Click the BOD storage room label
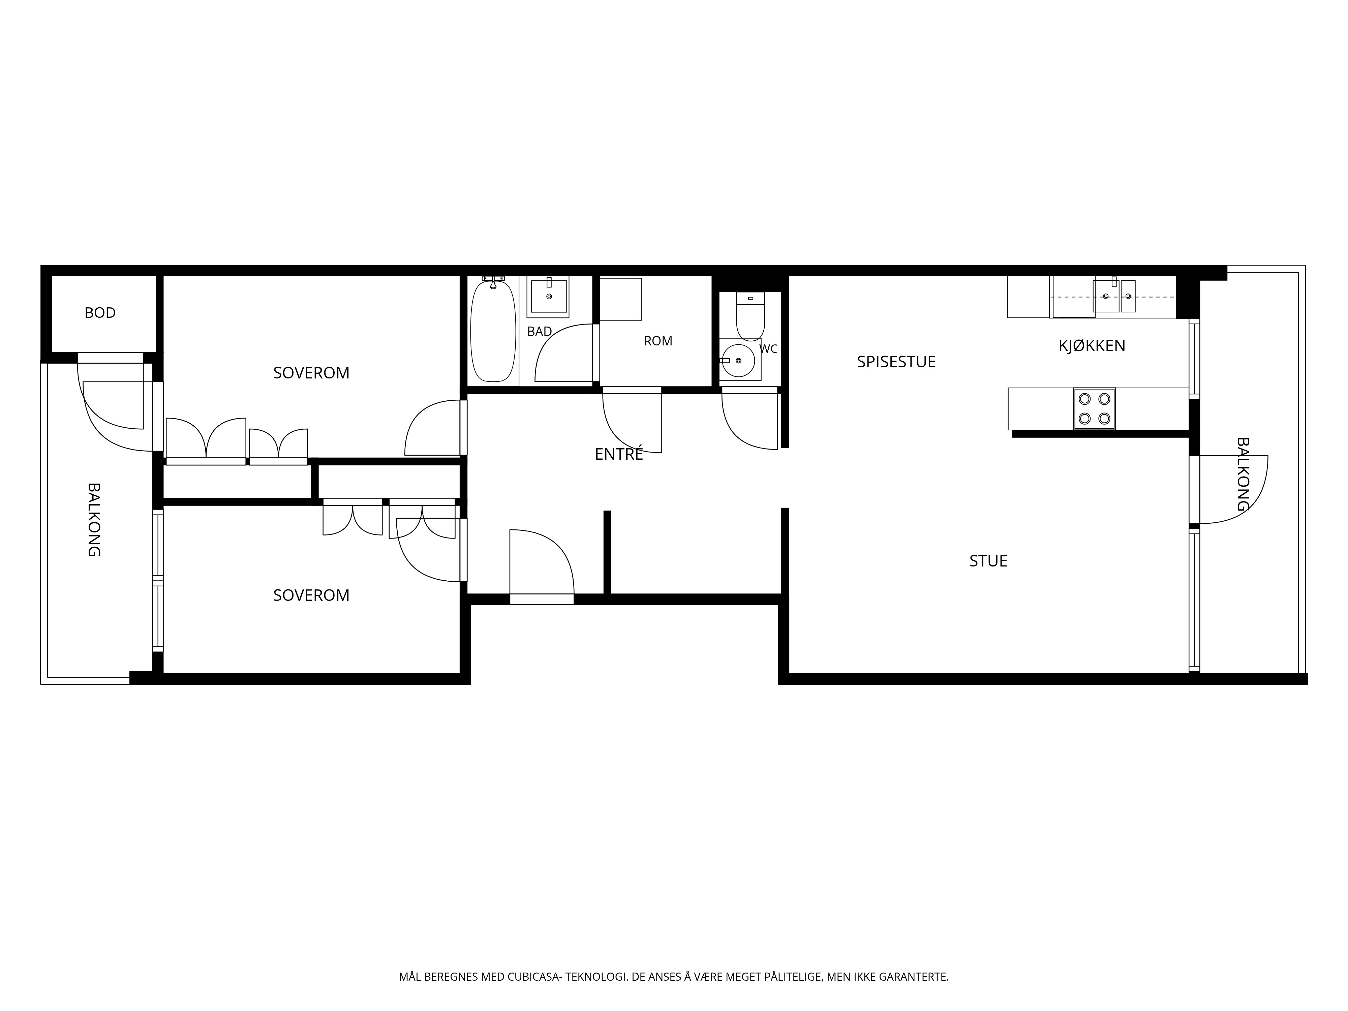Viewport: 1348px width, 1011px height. pos(100,313)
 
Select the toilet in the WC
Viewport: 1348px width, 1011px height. pos(750,316)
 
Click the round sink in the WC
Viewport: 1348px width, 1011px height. pos(738,360)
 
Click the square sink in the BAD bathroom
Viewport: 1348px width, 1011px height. pos(548,297)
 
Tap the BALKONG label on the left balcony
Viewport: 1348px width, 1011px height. pos(93,520)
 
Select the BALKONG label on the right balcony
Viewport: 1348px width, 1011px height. pos(1242,474)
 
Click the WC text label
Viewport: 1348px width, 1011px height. pos(768,349)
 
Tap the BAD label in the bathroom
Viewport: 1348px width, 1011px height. pos(539,332)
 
